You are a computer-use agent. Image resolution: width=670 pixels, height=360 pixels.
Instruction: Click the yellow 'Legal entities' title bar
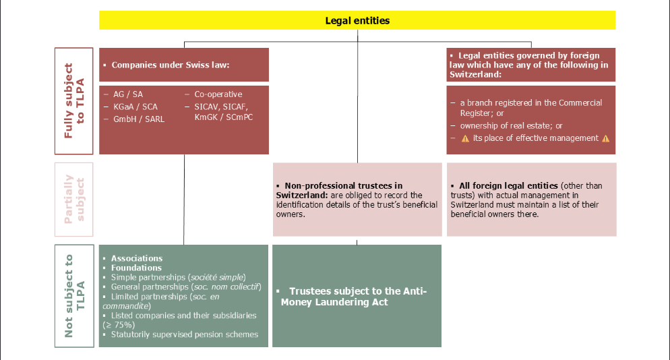point(357,20)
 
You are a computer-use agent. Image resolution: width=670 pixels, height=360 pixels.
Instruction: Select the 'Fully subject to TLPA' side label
point(74,101)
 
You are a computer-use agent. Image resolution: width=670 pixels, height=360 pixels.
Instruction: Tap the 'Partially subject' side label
point(74,200)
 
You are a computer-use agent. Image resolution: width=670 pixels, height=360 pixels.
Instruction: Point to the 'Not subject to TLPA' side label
point(74,296)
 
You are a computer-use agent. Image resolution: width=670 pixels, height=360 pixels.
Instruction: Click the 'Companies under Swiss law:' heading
point(171,65)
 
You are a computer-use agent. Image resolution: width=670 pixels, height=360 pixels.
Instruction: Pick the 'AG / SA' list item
point(128,94)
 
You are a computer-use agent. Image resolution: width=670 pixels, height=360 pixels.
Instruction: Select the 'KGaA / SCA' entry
point(135,107)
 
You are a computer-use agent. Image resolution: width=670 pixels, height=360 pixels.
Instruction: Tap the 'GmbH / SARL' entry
point(138,119)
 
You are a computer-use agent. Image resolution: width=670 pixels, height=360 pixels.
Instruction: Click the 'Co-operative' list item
point(218,94)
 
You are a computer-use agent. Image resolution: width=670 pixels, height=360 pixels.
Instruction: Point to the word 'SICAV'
point(207,107)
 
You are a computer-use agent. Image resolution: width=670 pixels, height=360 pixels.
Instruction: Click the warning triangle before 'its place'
point(465,138)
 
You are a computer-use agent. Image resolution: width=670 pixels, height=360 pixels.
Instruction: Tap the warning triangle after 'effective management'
point(605,138)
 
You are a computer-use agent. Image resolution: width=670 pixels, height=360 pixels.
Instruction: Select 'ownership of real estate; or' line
point(511,125)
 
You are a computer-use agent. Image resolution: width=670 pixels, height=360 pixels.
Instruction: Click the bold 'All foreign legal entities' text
point(508,186)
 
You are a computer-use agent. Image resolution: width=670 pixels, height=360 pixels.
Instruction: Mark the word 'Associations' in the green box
point(137,258)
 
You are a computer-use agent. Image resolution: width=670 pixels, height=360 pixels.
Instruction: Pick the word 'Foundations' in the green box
point(136,268)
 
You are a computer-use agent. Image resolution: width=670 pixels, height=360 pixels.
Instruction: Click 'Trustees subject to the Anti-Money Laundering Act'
point(354,297)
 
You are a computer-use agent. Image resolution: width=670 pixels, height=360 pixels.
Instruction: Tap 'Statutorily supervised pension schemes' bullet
point(185,334)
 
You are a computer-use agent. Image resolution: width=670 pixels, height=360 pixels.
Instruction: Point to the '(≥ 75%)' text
point(119,325)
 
